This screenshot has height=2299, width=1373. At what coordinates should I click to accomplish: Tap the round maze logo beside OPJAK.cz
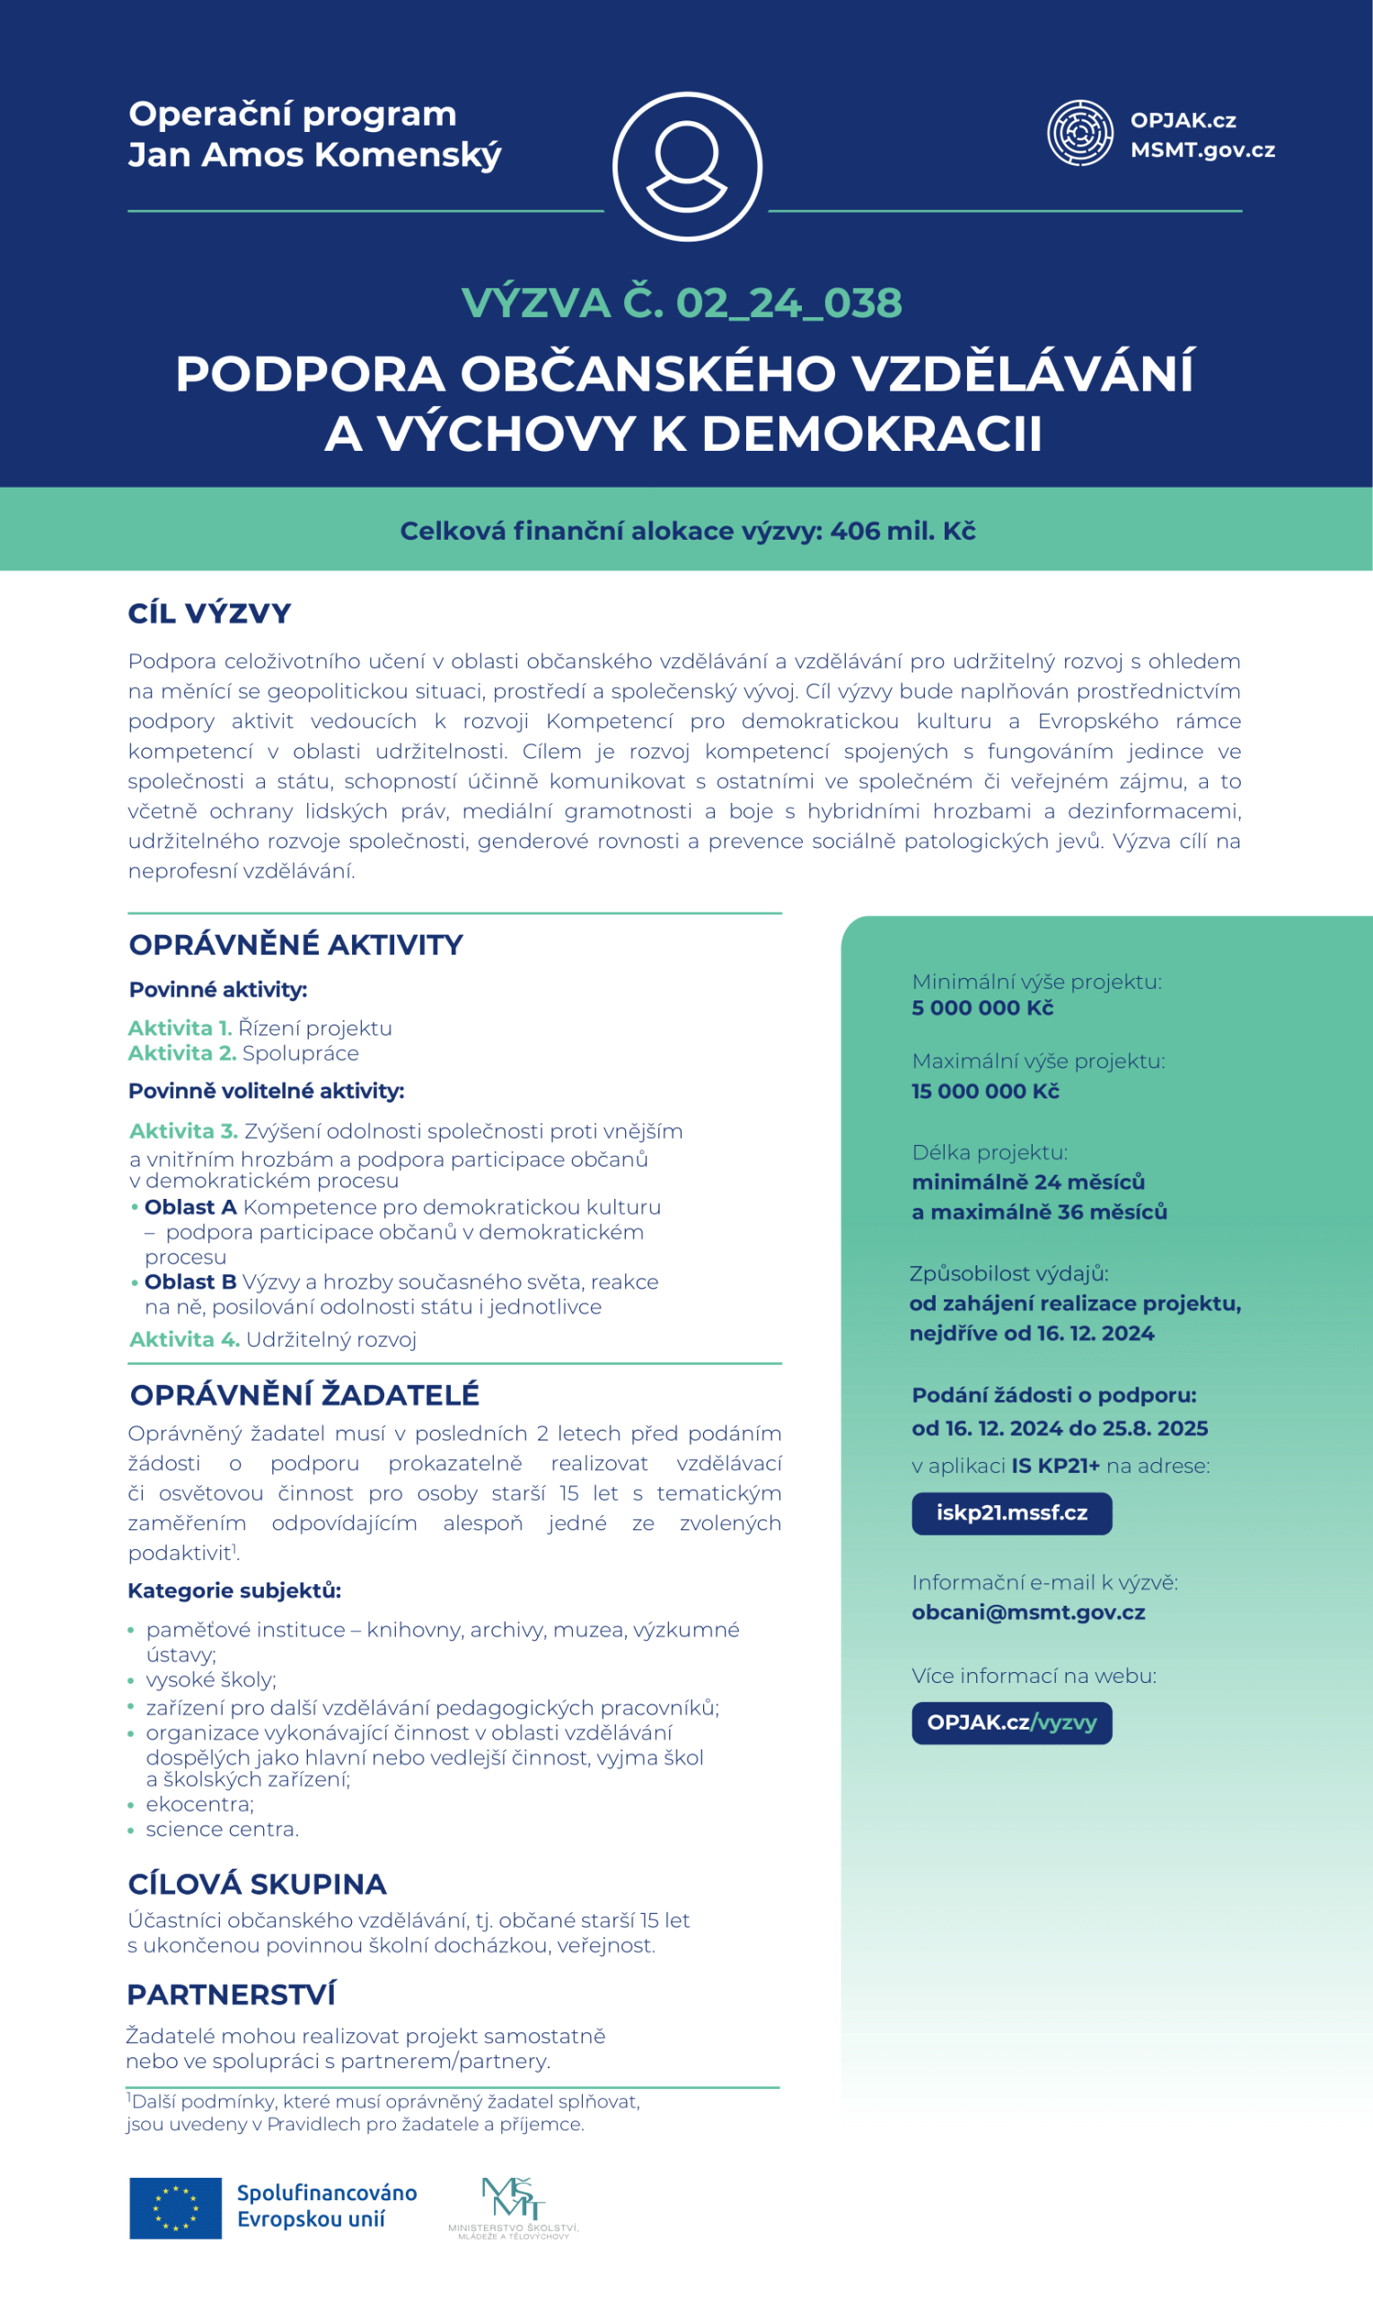click(1078, 133)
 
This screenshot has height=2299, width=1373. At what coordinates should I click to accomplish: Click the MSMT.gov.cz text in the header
click(1201, 150)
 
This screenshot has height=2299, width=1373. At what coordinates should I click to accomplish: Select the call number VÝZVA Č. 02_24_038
click(682, 304)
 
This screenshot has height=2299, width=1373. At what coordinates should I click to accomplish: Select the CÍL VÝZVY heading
click(210, 613)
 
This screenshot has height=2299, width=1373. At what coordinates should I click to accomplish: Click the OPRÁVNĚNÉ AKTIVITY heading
click(296, 945)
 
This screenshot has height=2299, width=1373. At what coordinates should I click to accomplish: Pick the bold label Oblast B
click(190, 1282)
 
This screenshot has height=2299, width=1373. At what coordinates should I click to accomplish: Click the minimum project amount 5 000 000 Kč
click(982, 1009)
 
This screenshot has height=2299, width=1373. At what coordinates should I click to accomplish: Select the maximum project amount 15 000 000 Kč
click(985, 1092)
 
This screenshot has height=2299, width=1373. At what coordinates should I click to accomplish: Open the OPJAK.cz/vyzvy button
click(1011, 1722)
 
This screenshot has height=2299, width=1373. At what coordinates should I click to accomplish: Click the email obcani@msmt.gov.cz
click(1028, 1613)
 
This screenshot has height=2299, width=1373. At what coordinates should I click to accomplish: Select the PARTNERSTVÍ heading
click(232, 1995)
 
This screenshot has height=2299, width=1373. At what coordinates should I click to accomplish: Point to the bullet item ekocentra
click(199, 1805)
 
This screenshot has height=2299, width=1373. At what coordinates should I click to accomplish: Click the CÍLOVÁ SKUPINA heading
click(257, 1884)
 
